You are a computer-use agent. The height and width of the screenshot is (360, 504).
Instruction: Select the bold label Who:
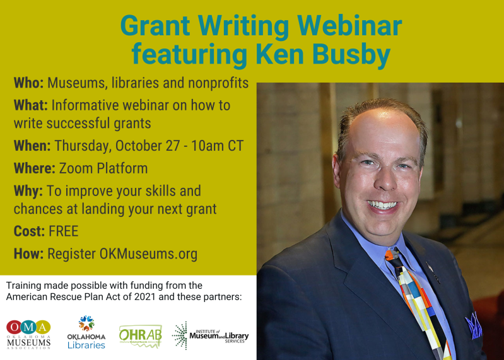tap(28, 83)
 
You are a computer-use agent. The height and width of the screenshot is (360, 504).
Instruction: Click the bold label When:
tap(32, 146)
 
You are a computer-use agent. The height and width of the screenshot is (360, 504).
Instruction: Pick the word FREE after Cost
tap(64, 231)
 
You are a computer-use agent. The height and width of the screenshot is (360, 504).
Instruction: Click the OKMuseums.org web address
tap(148, 253)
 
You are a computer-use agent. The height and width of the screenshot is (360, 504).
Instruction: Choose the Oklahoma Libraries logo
tap(86, 332)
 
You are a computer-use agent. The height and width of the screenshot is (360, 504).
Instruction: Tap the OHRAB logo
tap(141, 336)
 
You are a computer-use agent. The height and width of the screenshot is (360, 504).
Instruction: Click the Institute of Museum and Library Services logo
tap(211, 335)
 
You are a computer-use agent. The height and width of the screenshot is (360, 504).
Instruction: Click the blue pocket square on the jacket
tap(473, 326)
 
